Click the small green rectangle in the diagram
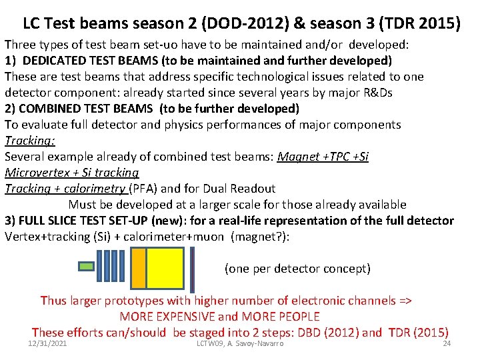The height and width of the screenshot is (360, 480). click(87, 267)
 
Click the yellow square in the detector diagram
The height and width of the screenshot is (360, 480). click(165, 269)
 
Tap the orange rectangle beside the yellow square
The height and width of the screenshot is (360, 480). click(138, 269)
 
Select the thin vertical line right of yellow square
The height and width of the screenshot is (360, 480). click(193, 269)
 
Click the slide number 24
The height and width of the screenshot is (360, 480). click(447, 343)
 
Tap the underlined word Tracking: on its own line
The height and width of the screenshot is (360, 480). click(30, 141)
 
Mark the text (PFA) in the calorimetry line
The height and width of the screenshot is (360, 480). click(142, 189)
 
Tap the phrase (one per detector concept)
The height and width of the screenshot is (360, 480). click(297, 269)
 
